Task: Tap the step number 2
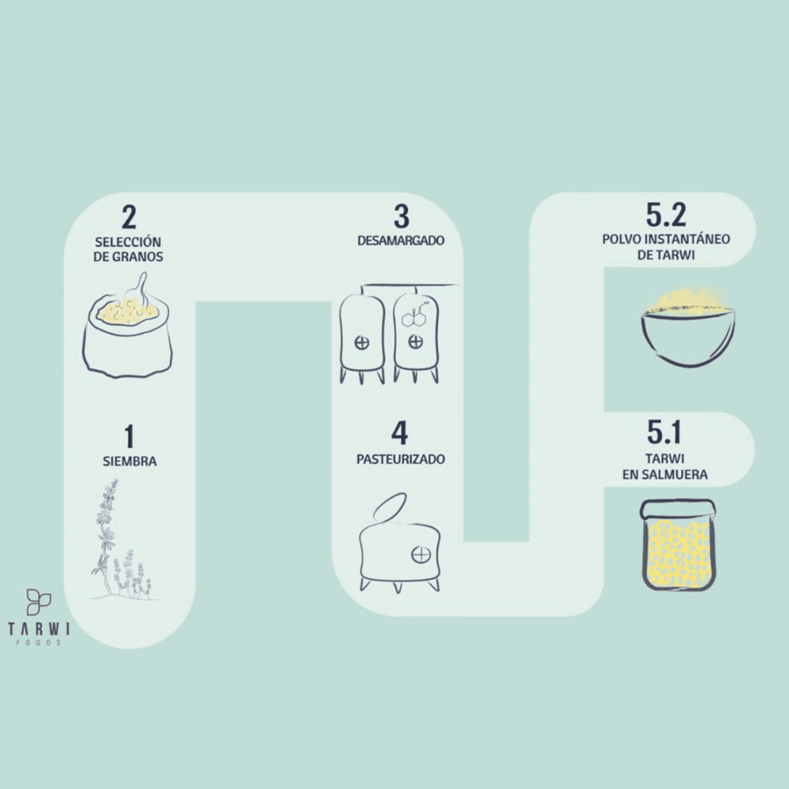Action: [x=128, y=217]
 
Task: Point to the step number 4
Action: [x=400, y=434]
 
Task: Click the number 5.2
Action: [x=666, y=215]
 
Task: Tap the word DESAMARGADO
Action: [x=400, y=241]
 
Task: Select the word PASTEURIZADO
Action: [x=400, y=458]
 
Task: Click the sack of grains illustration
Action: [x=127, y=335]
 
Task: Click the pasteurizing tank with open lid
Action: [x=398, y=548]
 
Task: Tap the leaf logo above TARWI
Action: [x=38, y=601]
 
